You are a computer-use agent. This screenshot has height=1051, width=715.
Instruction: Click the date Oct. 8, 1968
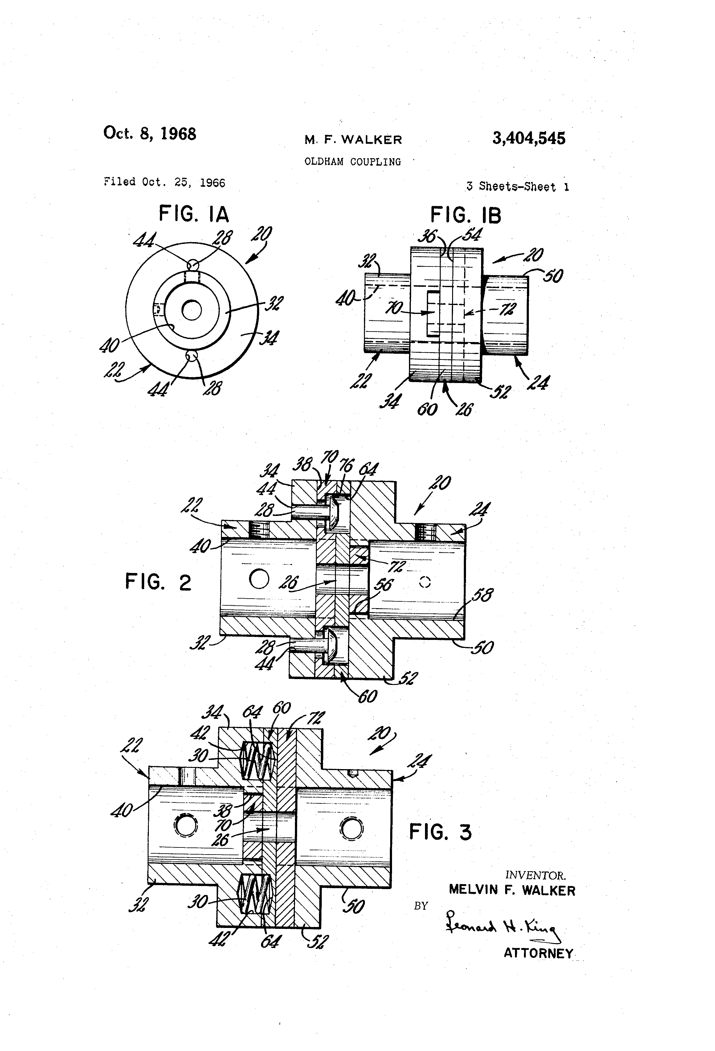[149, 134]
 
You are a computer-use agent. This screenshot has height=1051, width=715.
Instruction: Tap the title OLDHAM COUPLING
[353, 162]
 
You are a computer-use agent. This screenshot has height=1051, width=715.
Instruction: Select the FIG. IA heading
[194, 214]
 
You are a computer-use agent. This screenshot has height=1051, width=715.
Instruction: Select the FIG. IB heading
[465, 215]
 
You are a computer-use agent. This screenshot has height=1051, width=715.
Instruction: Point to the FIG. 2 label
[158, 582]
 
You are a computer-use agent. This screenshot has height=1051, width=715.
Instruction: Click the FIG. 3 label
[440, 832]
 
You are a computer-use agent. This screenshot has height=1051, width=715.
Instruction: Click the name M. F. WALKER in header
[353, 140]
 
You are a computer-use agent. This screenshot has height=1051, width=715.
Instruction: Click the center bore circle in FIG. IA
[192, 310]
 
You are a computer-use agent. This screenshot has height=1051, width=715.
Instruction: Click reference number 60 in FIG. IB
[427, 409]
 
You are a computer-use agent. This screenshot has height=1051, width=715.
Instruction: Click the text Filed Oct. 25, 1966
[165, 182]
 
